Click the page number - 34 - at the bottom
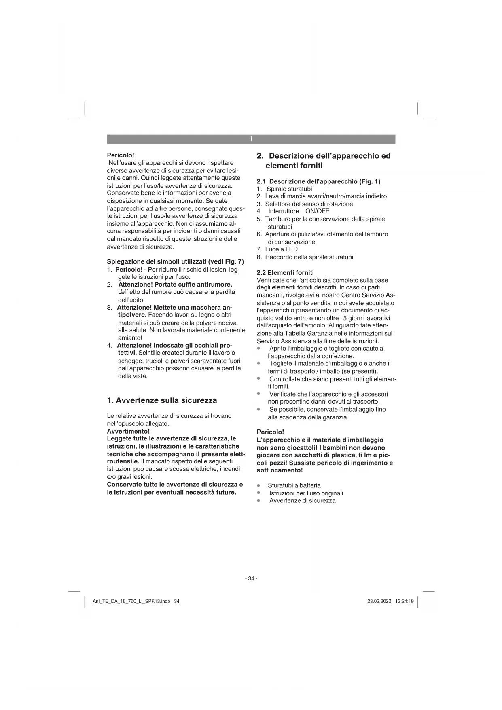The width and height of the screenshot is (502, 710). (251, 578)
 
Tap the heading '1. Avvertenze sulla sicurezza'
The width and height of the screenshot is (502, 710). (162, 400)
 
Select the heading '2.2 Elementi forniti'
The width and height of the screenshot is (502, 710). (285, 272)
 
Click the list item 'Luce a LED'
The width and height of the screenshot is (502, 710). (281, 249)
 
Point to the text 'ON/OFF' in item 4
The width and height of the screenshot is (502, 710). (317, 211)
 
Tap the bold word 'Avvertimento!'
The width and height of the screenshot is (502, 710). (128, 431)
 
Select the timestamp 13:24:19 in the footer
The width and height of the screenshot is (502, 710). (404, 601)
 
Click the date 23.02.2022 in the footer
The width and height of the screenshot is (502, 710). (379, 601)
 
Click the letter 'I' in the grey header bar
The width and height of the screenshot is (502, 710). (251, 139)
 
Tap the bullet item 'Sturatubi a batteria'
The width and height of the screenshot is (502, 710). (294, 485)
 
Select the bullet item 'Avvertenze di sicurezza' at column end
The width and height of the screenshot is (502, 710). (302, 501)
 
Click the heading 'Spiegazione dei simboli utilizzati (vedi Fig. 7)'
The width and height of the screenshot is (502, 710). (175, 262)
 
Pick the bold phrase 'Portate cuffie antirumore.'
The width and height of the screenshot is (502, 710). (193, 285)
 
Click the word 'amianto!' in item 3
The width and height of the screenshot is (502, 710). (130, 338)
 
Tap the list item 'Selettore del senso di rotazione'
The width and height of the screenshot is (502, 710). (309, 204)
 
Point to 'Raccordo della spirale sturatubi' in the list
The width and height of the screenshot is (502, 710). (309, 257)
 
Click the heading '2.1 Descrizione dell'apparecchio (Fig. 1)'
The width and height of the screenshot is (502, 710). (319, 181)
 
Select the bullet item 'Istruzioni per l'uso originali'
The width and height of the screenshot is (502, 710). (306, 493)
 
